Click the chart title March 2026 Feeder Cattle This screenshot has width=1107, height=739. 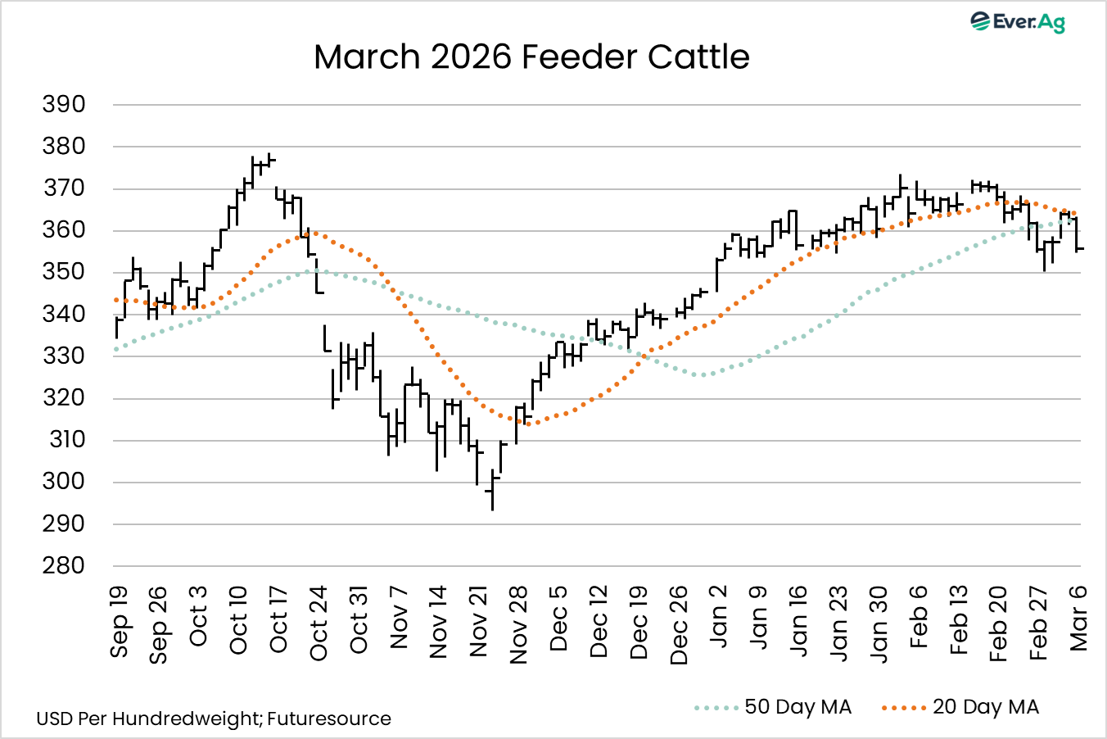tap(531, 57)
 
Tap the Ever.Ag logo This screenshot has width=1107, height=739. tap(1018, 21)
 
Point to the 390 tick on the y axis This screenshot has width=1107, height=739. tap(64, 104)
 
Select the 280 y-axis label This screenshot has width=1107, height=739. tap(64, 565)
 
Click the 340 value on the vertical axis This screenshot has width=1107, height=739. tap(64, 314)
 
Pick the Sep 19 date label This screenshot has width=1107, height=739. tap(120, 621)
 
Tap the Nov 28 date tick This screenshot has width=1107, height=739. tap(518, 624)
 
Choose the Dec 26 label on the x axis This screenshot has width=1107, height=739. tap(679, 624)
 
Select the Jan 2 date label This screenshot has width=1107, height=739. tap(718, 617)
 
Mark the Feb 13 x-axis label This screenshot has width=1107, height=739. tap(959, 619)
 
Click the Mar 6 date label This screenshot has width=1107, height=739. tap(1078, 619)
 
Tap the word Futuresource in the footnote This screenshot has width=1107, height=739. tap(328, 719)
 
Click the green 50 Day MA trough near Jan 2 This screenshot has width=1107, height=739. tap(702, 375)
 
